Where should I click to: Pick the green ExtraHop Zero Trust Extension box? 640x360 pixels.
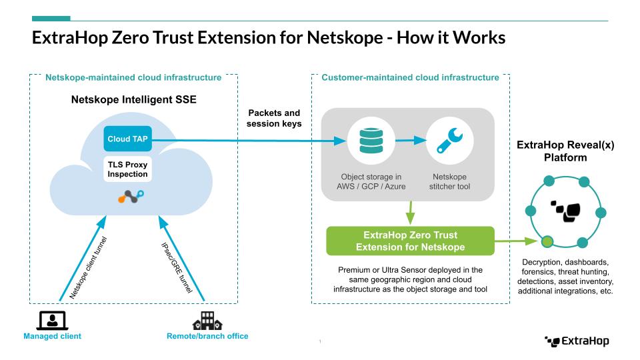tap(410, 241)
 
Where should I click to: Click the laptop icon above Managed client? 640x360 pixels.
tap(53, 320)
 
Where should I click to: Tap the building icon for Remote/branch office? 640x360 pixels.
tap(207, 321)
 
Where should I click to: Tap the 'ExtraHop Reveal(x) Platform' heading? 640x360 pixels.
tap(565, 151)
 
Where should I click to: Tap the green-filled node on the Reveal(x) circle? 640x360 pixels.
tap(547, 241)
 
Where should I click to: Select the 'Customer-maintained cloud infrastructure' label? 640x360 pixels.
tap(410, 78)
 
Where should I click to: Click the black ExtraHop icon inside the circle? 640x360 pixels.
tap(565, 210)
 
